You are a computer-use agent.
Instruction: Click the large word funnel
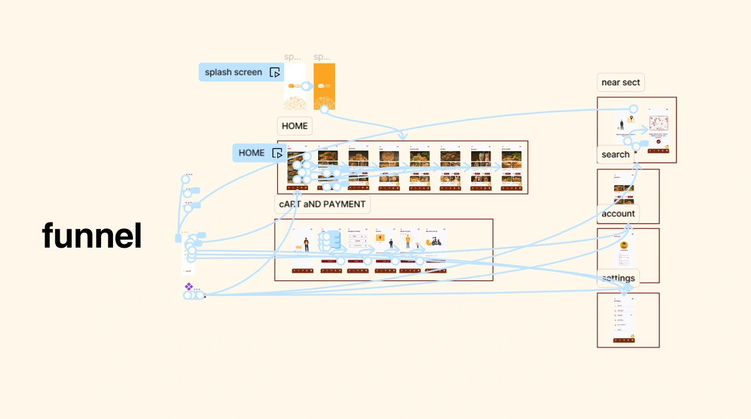tap(92, 236)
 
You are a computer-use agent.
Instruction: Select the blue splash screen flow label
tap(233, 72)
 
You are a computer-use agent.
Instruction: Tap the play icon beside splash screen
tap(275, 72)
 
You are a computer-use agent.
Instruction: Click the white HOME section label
tap(294, 125)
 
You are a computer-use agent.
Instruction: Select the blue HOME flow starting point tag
tap(252, 152)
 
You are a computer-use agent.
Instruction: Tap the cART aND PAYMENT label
tap(322, 204)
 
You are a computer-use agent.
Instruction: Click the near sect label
tap(621, 82)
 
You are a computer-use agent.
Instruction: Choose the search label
tap(615, 154)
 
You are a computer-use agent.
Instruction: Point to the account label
tap(618, 213)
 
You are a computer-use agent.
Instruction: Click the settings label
tap(618, 278)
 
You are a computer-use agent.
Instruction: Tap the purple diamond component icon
tap(188, 287)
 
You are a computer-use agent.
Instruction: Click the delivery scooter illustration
tap(434, 241)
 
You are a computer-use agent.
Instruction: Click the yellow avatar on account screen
tap(624, 245)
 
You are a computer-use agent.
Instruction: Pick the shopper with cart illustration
tap(304, 243)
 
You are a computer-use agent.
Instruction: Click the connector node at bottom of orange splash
tap(324, 109)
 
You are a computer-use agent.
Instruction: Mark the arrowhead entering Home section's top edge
tap(402, 137)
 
